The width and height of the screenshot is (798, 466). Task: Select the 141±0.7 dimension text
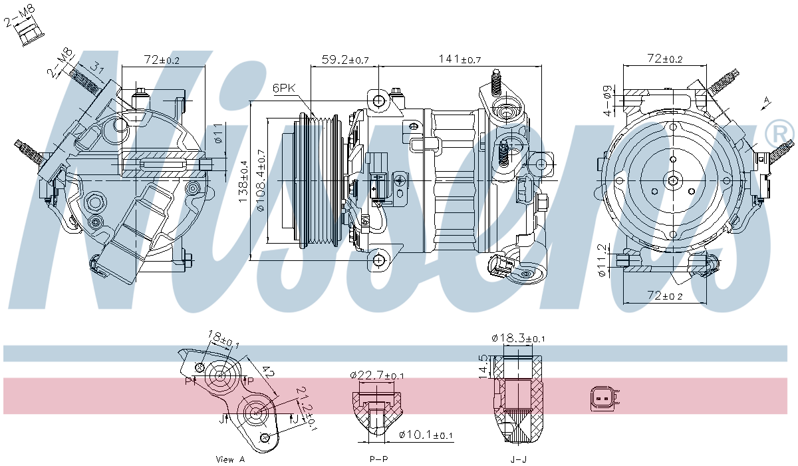tap(459, 60)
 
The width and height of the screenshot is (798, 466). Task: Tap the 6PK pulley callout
tap(284, 88)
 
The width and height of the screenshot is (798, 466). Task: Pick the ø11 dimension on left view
tap(217, 135)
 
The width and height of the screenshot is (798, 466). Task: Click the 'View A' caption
tap(231, 459)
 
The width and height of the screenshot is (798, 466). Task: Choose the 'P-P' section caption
tap(379, 459)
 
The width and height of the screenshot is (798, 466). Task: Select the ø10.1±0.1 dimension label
tap(426, 435)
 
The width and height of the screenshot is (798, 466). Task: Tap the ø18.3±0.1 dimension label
tap(519, 338)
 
